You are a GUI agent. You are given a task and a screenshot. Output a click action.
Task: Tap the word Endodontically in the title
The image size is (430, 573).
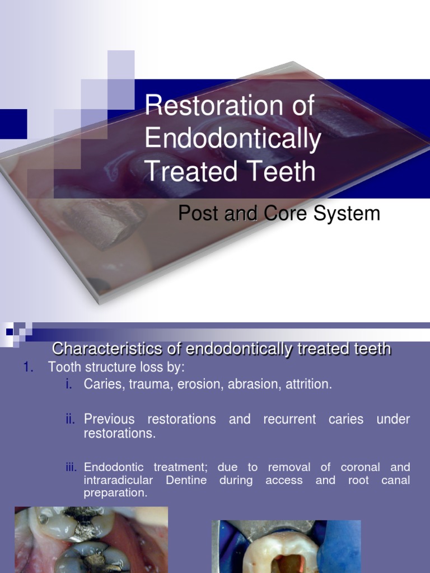(232, 139)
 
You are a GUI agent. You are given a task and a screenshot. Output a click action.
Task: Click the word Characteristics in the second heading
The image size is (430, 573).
(116, 349)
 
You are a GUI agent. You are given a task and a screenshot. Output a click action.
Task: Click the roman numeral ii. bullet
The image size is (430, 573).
(70, 419)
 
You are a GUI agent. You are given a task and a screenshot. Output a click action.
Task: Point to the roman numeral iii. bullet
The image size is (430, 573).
(71, 467)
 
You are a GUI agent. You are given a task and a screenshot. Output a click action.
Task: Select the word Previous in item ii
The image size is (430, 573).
(109, 419)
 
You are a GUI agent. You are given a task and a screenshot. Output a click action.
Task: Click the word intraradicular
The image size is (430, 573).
(116, 480)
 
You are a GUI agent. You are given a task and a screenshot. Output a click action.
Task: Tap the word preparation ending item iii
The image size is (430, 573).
(115, 493)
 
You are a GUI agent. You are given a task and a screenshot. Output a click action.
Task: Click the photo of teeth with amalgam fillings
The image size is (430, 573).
(91, 539)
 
